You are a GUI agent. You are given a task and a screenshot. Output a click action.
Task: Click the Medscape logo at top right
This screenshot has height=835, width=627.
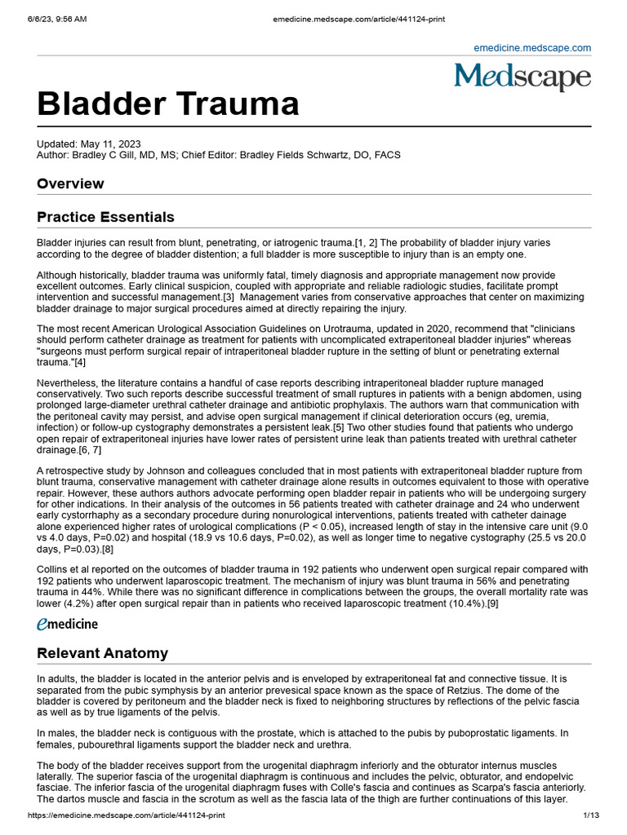coord(522,77)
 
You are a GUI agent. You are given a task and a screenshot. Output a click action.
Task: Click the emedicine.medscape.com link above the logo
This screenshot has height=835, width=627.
coord(532,48)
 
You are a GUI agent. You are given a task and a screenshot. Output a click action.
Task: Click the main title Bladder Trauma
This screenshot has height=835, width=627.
coord(167,104)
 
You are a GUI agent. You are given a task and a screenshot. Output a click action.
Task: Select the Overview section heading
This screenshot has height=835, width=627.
coord(70,183)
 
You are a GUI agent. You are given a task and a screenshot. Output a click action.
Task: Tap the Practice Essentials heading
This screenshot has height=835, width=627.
coord(105,217)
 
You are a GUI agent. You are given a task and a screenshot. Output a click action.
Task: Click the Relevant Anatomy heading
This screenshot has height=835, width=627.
coord(102,653)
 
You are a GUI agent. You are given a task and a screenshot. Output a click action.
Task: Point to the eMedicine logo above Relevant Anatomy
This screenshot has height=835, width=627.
coord(67,624)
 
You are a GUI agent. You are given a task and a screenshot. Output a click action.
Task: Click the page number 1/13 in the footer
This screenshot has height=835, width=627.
coord(591,815)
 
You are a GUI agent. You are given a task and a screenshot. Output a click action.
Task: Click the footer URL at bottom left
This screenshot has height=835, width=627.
coord(126,815)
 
